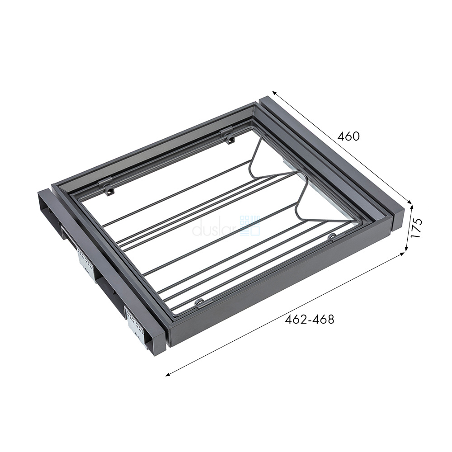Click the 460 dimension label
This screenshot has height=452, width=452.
(x=348, y=137)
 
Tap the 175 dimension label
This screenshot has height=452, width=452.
(x=416, y=227)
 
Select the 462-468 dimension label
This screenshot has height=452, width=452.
(x=310, y=319)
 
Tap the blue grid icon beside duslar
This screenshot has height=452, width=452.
(x=250, y=226)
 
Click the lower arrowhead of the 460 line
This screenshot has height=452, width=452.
(x=410, y=202)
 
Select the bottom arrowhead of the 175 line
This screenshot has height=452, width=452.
(x=406, y=249)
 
